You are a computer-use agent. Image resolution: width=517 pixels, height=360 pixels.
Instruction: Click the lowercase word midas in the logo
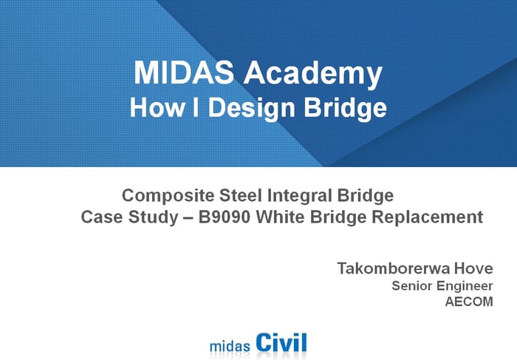(x=230, y=345)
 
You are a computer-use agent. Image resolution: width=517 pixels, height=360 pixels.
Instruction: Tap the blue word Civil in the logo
(x=281, y=342)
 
